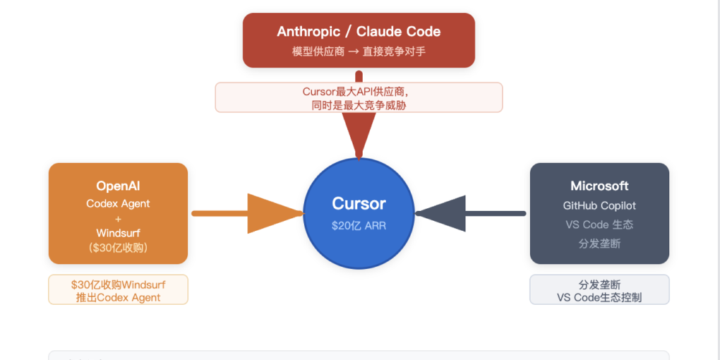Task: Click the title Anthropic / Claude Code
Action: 359,32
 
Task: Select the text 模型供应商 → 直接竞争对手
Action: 359,51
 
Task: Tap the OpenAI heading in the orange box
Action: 118,186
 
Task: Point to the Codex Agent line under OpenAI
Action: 118,204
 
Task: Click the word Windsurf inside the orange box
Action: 118,233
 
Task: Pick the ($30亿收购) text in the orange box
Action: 118,248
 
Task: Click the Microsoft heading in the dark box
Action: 599,186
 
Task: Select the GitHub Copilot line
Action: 599,205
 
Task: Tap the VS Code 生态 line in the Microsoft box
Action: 599,224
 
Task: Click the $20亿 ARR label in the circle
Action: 359,225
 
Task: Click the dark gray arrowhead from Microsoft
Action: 442,213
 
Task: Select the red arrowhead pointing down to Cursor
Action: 359,133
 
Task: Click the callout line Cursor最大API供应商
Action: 359,92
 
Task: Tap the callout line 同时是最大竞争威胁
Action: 359,105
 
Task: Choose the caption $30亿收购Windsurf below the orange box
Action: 118,284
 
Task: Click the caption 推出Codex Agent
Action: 118,297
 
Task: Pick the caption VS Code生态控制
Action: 599,297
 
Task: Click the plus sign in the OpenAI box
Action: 118,219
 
